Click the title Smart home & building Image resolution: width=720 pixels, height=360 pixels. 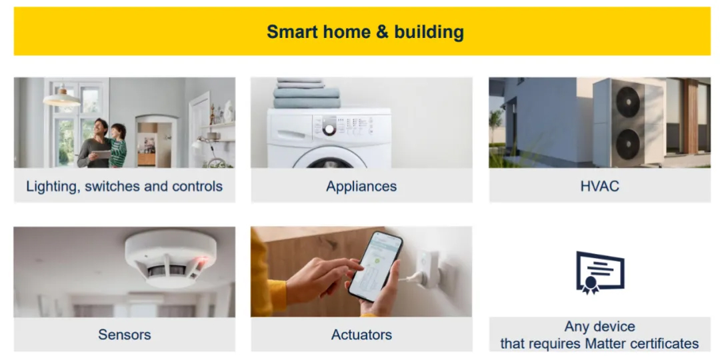[x=365, y=32]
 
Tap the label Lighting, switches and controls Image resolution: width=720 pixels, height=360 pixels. [x=125, y=186]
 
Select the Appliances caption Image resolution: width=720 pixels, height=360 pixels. [x=361, y=186]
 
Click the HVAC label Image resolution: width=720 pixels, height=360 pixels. [x=600, y=186]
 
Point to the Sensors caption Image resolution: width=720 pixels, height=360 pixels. [x=125, y=334]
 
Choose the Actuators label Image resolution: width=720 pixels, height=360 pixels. [x=361, y=334]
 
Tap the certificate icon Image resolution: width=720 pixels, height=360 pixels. [x=600, y=272]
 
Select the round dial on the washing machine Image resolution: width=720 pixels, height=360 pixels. [x=329, y=129]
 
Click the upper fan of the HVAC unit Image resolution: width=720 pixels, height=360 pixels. [x=627, y=102]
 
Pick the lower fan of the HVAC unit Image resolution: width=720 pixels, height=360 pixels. [x=627, y=144]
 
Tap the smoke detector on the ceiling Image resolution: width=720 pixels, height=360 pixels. [x=171, y=258]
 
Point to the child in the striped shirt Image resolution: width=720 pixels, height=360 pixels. [x=117, y=144]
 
